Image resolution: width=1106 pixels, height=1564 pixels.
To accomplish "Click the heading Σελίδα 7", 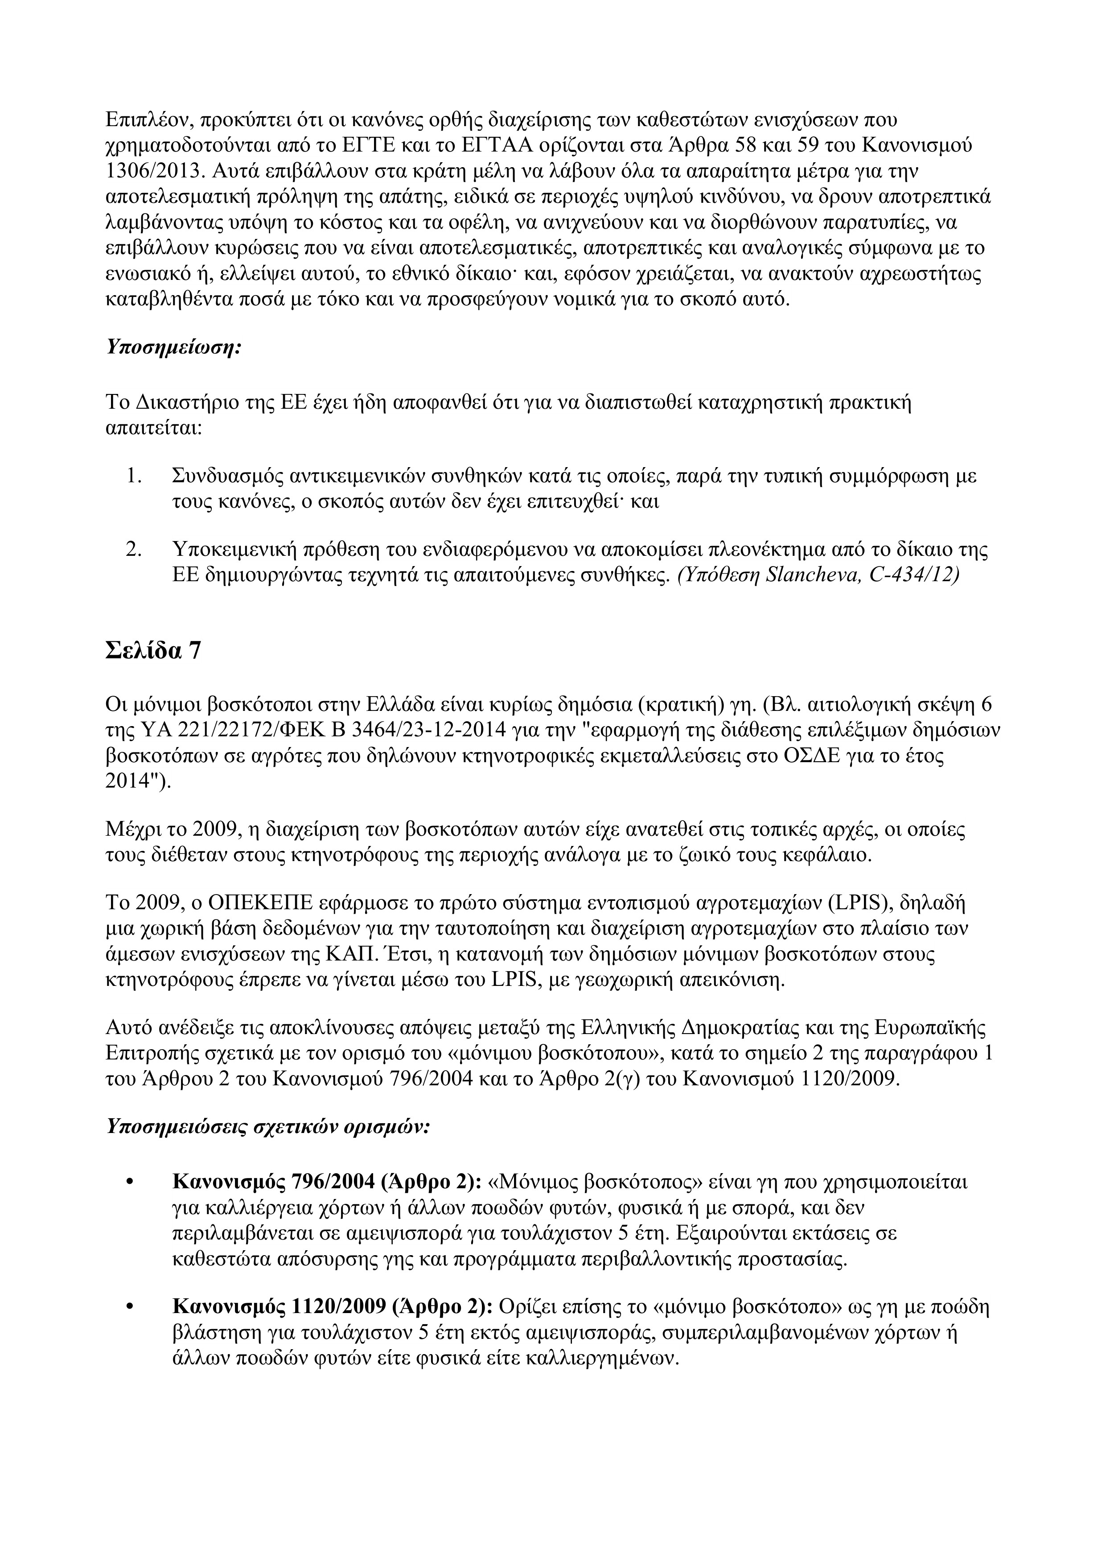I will [x=154, y=651].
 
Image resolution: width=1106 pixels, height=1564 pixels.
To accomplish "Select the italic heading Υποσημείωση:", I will [x=174, y=347].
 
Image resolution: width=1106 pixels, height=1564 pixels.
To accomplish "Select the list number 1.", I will [x=134, y=476].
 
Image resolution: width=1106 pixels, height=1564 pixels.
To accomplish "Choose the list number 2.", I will [x=134, y=550].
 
